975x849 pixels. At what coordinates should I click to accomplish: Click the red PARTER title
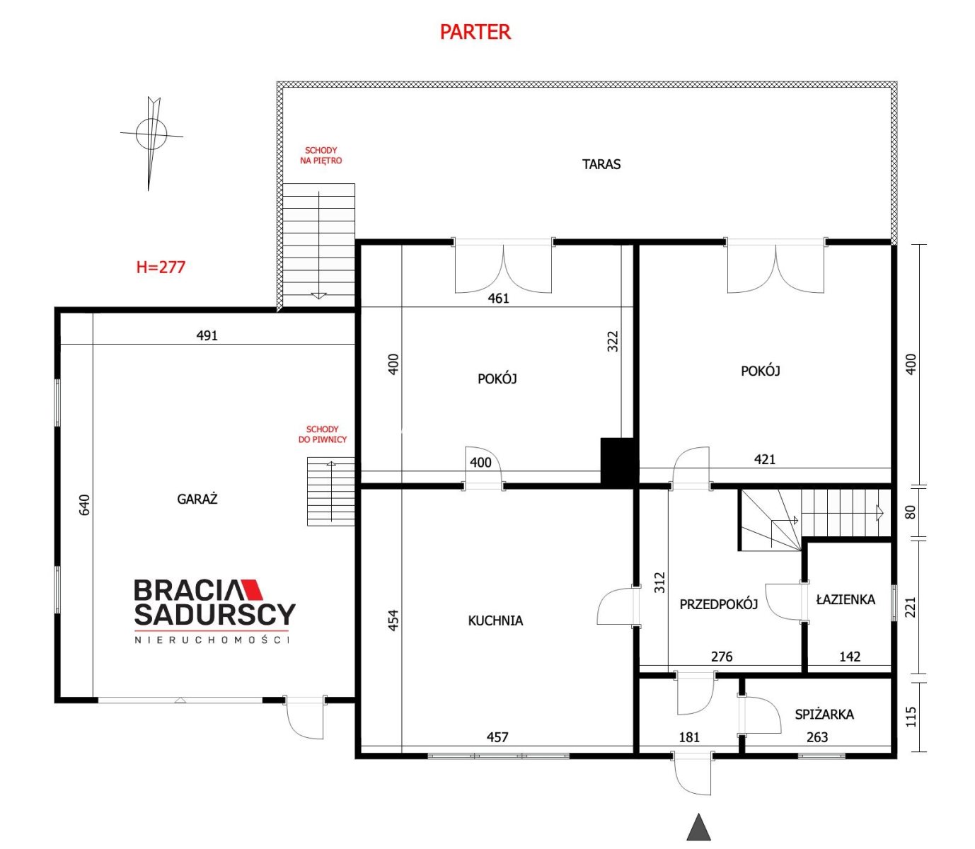475,32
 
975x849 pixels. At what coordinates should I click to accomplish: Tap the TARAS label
601,164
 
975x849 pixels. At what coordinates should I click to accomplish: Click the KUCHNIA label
495,620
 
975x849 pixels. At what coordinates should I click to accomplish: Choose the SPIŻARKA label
824,714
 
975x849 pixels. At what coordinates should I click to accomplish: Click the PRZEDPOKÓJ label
718,604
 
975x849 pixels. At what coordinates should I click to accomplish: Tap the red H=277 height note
161,267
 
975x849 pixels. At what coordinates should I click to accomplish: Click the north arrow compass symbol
151,143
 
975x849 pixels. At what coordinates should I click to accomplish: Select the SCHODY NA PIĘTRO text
321,156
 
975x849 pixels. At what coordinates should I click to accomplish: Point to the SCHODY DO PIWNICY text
322,434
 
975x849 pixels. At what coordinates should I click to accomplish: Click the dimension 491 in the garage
207,335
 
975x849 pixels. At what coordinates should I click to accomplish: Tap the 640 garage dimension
84,504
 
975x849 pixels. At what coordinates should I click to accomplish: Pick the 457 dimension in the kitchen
497,737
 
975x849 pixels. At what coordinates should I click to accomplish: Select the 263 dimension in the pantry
817,737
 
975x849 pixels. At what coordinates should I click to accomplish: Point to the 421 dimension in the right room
764,459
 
